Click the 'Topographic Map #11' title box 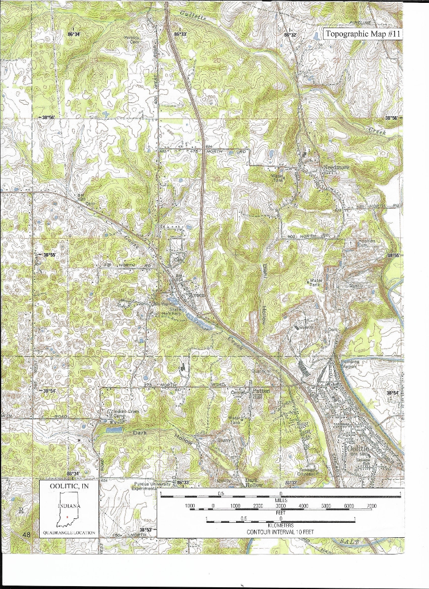coord(363,34)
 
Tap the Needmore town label coord(333,167)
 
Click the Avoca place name coord(197,296)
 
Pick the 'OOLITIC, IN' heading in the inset coord(69,487)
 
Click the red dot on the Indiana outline coord(68,517)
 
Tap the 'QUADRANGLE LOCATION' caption coord(69,533)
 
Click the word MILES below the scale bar coord(280,500)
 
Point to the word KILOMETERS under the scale coord(280,525)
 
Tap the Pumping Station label coord(351,364)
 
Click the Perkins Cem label coord(133,40)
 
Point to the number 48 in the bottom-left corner coord(26,535)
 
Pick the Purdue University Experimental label coord(149,486)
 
